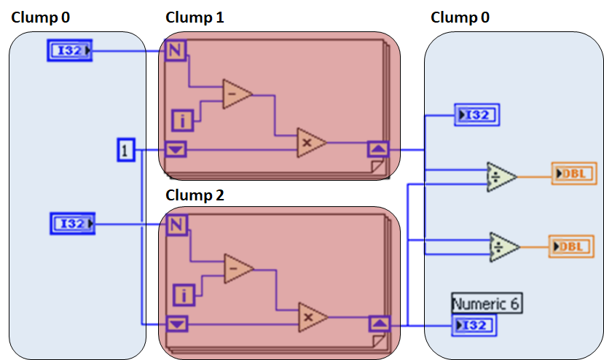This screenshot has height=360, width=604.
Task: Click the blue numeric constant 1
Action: [125, 151]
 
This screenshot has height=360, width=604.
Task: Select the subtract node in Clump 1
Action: [237, 95]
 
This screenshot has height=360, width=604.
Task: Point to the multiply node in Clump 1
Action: [310, 143]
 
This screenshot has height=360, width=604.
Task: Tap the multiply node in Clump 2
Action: [312, 317]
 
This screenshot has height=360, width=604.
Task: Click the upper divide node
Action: [501, 176]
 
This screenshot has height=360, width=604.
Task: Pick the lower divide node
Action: [503, 246]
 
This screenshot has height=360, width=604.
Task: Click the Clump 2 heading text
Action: [195, 195]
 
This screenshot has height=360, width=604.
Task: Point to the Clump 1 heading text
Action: [195, 17]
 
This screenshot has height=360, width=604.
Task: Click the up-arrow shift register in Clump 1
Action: [378, 150]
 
